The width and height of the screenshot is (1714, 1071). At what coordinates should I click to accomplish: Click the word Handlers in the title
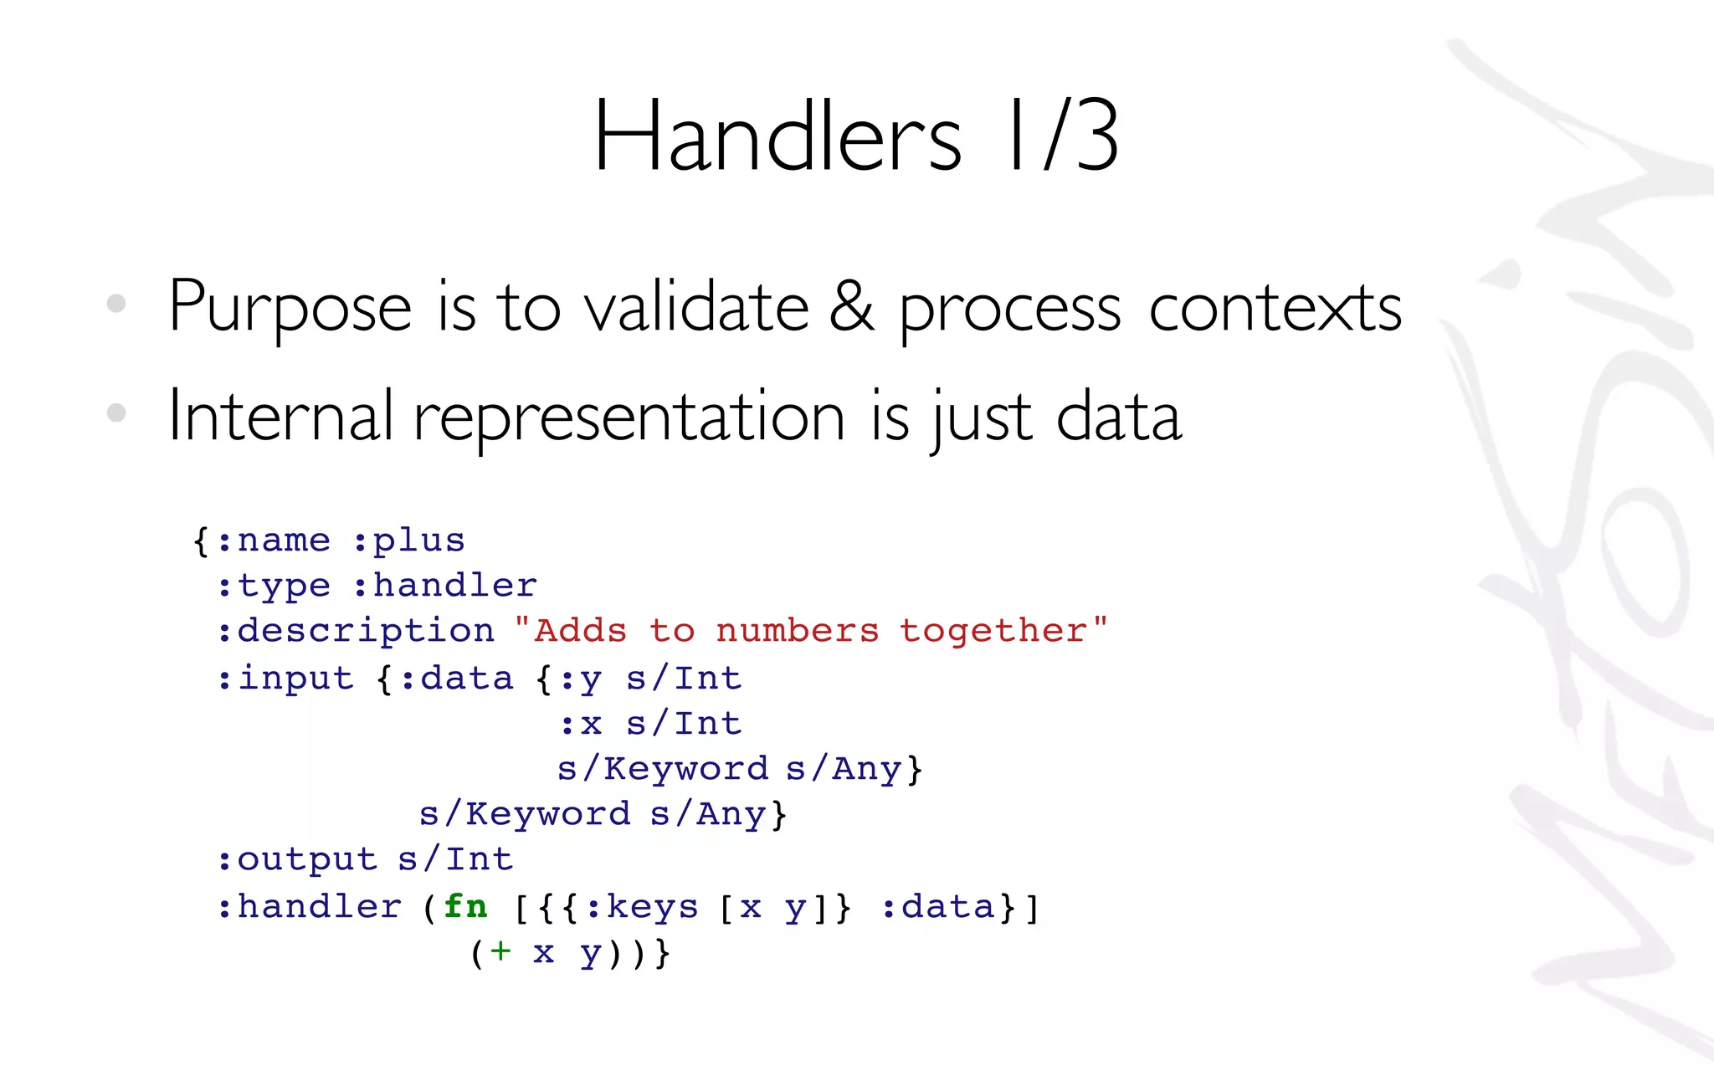point(778,136)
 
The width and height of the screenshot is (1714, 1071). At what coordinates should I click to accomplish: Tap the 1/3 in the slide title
point(1063,136)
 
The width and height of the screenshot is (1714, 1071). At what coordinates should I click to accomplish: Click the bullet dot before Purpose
point(116,303)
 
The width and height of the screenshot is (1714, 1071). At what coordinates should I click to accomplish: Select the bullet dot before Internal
point(116,413)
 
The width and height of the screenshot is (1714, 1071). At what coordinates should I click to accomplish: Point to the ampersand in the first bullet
point(852,307)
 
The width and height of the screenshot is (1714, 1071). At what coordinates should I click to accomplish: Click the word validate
point(696,307)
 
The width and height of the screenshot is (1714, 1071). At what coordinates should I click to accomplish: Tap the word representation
point(629,418)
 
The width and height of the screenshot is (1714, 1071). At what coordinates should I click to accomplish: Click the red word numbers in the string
point(798,631)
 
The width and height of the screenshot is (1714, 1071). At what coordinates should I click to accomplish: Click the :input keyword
point(285,678)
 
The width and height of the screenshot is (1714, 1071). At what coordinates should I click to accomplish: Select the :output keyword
point(297,859)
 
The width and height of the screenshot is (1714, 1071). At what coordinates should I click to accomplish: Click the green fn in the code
point(465,906)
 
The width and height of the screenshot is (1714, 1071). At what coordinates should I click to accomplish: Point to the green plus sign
point(500,951)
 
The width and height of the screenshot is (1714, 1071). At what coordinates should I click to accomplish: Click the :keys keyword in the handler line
point(642,907)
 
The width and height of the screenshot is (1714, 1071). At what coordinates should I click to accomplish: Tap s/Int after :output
point(455,859)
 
